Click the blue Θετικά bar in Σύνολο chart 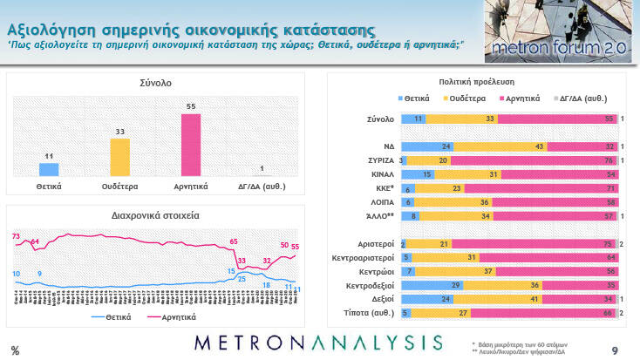pos(50,169)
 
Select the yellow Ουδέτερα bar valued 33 pos(119,157)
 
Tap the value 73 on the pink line pos(16,236)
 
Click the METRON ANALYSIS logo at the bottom pos(319,342)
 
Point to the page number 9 pos(615,350)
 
